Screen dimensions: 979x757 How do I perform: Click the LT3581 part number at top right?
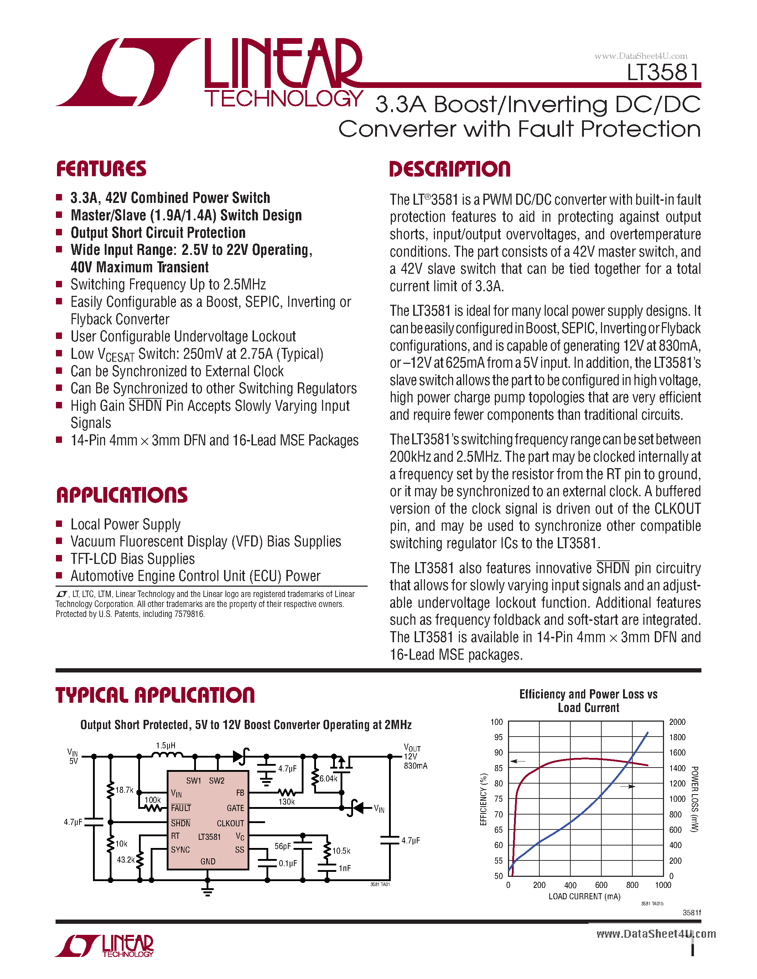pyautogui.click(x=663, y=73)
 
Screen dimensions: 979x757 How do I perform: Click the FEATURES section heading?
pyautogui.click(x=102, y=169)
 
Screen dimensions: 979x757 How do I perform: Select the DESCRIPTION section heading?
pyautogui.click(x=450, y=169)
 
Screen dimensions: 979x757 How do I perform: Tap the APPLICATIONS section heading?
pyautogui.click(x=122, y=495)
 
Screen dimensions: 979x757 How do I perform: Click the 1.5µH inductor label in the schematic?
pyautogui.click(x=166, y=745)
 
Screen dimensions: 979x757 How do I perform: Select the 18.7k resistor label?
pyautogui.click(x=124, y=790)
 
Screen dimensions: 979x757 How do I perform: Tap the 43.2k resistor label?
pyautogui.click(x=125, y=859)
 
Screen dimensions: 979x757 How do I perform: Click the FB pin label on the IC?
pyautogui.click(x=240, y=792)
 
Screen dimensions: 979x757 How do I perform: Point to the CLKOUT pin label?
pyautogui.click(x=230, y=823)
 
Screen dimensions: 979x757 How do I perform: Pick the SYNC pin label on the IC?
pyautogui.click(x=180, y=849)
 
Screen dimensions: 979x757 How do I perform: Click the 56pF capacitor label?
pyautogui.click(x=282, y=846)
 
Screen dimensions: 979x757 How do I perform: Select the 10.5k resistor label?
pyautogui.click(x=341, y=850)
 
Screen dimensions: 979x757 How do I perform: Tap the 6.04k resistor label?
pyautogui.click(x=328, y=779)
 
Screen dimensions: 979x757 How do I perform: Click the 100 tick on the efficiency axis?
pyautogui.click(x=497, y=722)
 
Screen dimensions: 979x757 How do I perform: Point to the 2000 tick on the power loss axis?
pyautogui.click(x=677, y=722)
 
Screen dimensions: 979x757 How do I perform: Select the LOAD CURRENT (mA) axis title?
pyautogui.click(x=584, y=896)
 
